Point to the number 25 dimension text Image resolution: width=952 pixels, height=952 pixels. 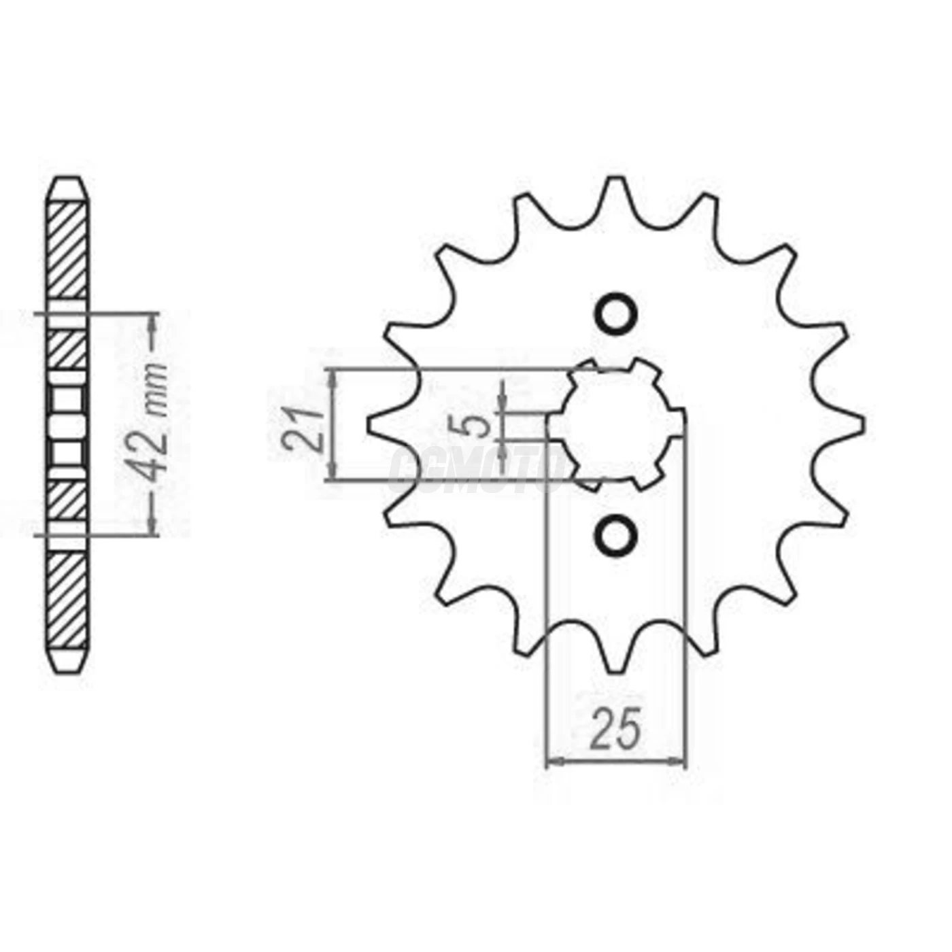616,728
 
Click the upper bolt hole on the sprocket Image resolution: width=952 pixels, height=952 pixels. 617,313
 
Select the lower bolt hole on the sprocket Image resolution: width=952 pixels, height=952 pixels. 617,534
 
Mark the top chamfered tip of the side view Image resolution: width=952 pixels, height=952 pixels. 69,188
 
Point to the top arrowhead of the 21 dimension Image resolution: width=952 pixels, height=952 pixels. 333,378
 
